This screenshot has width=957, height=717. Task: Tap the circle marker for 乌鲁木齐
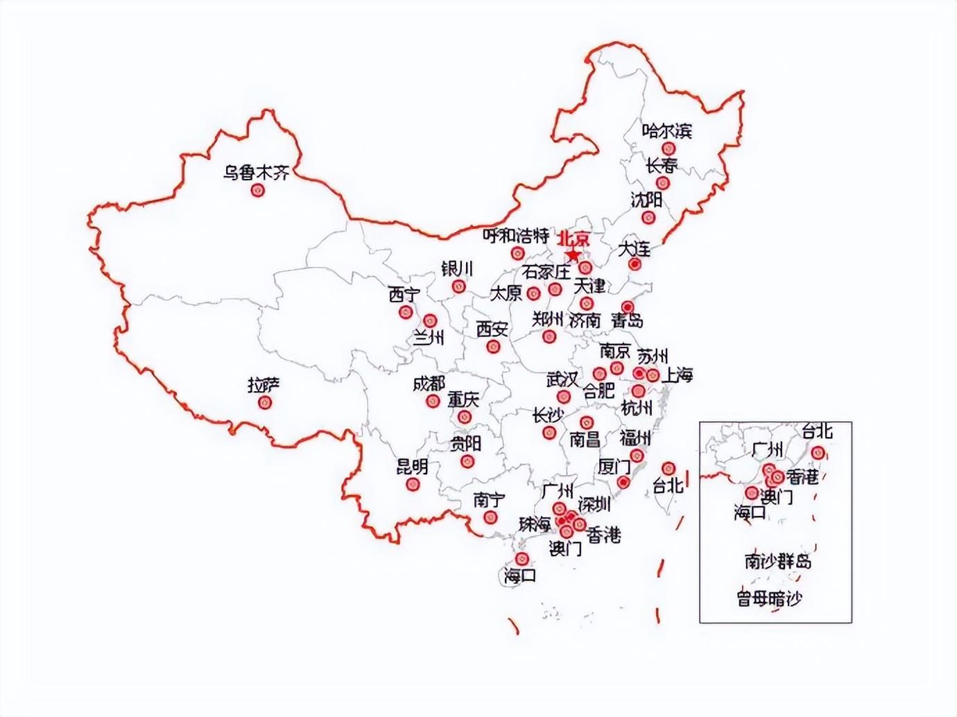(x=258, y=189)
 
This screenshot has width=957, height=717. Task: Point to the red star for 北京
(x=573, y=255)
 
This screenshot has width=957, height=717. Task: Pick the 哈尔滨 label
(x=666, y=130)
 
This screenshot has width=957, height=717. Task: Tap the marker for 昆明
(x=414, y=484)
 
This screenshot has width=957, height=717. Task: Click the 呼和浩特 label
(x=516, y=236)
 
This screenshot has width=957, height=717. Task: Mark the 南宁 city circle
(x=492, y=517)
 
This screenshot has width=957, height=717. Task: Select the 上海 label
(x=678, y=376)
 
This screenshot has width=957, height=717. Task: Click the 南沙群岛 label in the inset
(x=777, y=561)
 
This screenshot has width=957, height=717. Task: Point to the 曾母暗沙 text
(x=769, y=598)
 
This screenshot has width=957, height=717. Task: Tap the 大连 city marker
(x=635, y=264)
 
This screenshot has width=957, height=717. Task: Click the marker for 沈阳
(x=648, y=217)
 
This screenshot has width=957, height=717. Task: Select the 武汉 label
(x=562, y=379)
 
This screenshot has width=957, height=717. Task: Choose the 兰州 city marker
(x=430, y=321)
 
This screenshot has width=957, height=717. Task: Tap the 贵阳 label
(x=465, y=443)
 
